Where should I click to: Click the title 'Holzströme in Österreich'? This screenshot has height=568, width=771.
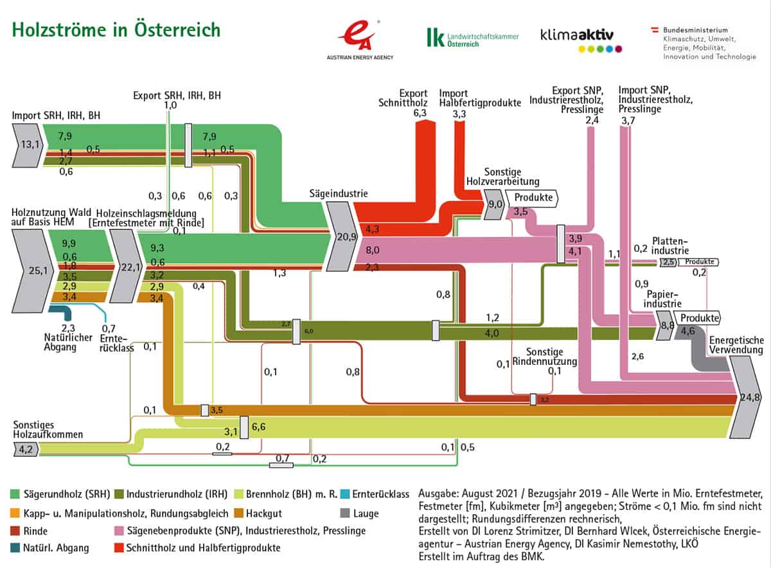(116, 30)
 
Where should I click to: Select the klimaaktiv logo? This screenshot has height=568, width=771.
(581, 39)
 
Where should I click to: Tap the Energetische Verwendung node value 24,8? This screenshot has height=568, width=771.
(745, 396)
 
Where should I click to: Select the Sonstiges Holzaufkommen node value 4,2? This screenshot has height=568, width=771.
(24, 450)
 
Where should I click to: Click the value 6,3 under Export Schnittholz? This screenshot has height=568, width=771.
(421, 112)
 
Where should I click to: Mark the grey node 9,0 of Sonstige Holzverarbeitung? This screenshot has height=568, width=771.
(495, 205)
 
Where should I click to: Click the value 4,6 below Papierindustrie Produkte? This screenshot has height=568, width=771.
(687, 332)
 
